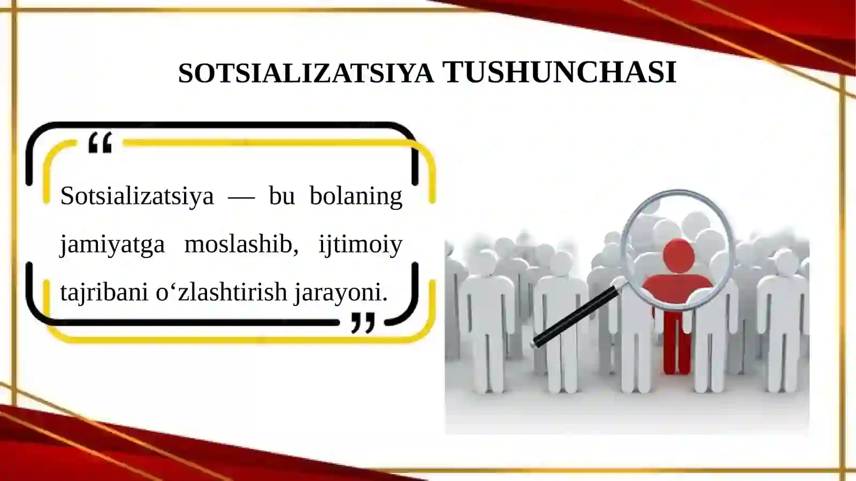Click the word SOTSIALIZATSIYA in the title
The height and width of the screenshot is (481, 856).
(305, 73)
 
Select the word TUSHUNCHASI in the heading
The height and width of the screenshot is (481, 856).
(560, 73)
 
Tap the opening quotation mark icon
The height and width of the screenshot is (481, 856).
(101, 143)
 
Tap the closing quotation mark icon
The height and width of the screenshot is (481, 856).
(363, 323)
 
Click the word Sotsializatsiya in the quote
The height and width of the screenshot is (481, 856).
(137, 196)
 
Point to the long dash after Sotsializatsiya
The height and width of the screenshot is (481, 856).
(241, 197)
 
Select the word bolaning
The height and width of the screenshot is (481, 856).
(356, 196)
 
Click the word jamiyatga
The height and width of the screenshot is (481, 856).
(112, 245)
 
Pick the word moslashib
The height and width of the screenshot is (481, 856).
(241, 244)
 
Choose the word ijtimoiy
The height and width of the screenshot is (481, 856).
(360, 245)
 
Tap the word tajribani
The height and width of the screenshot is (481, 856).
(104, 292)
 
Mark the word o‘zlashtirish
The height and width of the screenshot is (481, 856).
(221, 292)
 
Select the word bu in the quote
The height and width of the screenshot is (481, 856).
(282, 196)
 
